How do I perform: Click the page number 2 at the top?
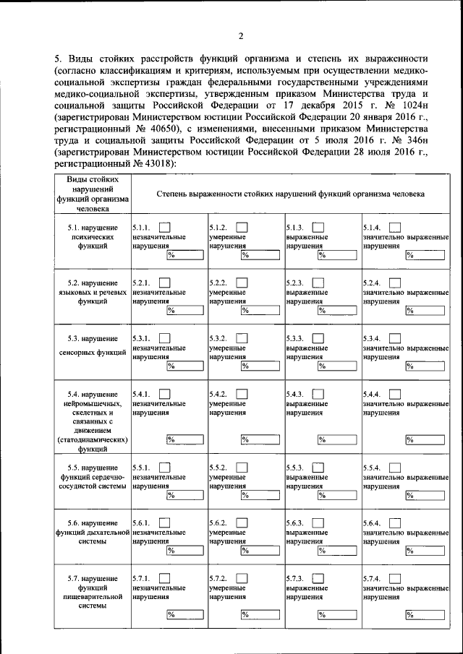pos(240,36)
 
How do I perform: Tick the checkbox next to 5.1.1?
pos(165,228)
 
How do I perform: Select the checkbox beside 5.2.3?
pos(318,283)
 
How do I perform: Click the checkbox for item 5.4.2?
pos(242,393)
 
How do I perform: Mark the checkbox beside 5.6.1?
pos(165,522)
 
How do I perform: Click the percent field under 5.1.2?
pos(259,254)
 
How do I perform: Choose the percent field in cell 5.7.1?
pos(183,615)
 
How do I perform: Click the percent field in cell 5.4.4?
pos(424,439)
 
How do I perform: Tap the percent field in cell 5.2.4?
pos(424,311)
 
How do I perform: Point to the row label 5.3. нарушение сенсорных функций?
pos(93,345)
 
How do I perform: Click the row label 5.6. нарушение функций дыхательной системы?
pos(93,531)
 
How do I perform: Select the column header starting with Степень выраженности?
pos(291,194)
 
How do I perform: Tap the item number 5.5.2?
pos(218,468)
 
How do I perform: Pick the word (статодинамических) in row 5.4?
pos(93,439)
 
